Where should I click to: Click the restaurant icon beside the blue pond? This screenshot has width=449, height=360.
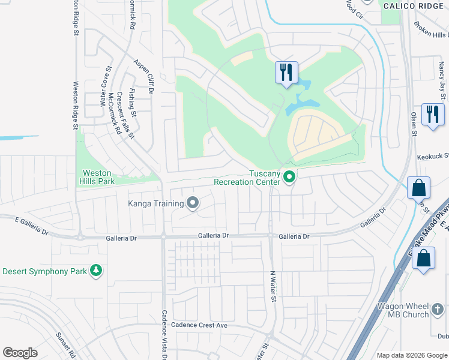286,73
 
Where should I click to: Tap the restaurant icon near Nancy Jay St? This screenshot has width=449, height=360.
433,114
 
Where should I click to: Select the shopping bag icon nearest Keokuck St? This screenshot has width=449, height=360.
418,188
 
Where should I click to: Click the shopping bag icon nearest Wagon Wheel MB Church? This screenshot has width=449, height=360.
424,259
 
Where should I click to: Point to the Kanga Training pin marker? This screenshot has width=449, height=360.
193,203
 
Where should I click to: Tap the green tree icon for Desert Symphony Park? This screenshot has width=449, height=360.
95,271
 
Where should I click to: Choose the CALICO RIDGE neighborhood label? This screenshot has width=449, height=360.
414,5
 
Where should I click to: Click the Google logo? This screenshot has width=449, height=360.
20,353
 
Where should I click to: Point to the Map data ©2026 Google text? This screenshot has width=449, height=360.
411,355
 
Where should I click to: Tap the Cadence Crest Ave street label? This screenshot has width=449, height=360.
199,325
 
